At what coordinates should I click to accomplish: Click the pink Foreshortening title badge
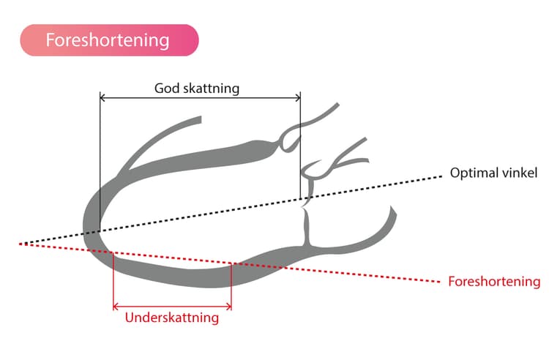point(109,40)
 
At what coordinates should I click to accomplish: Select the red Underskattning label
point(172,318)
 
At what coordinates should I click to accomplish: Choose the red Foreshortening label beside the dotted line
point(494,282)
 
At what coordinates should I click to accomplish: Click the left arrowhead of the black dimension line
point(102,97)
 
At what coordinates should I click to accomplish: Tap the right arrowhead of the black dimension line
point(299,97)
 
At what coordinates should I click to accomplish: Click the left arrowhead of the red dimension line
point(115,307)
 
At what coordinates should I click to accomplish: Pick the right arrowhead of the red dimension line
point(229,307)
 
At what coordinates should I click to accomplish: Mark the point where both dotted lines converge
point(20,244)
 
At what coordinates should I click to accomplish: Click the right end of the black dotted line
point(441,176)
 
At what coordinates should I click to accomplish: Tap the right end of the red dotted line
point(438,281)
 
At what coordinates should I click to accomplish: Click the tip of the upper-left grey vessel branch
point(201,120)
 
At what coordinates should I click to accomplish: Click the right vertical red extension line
point(231,286)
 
